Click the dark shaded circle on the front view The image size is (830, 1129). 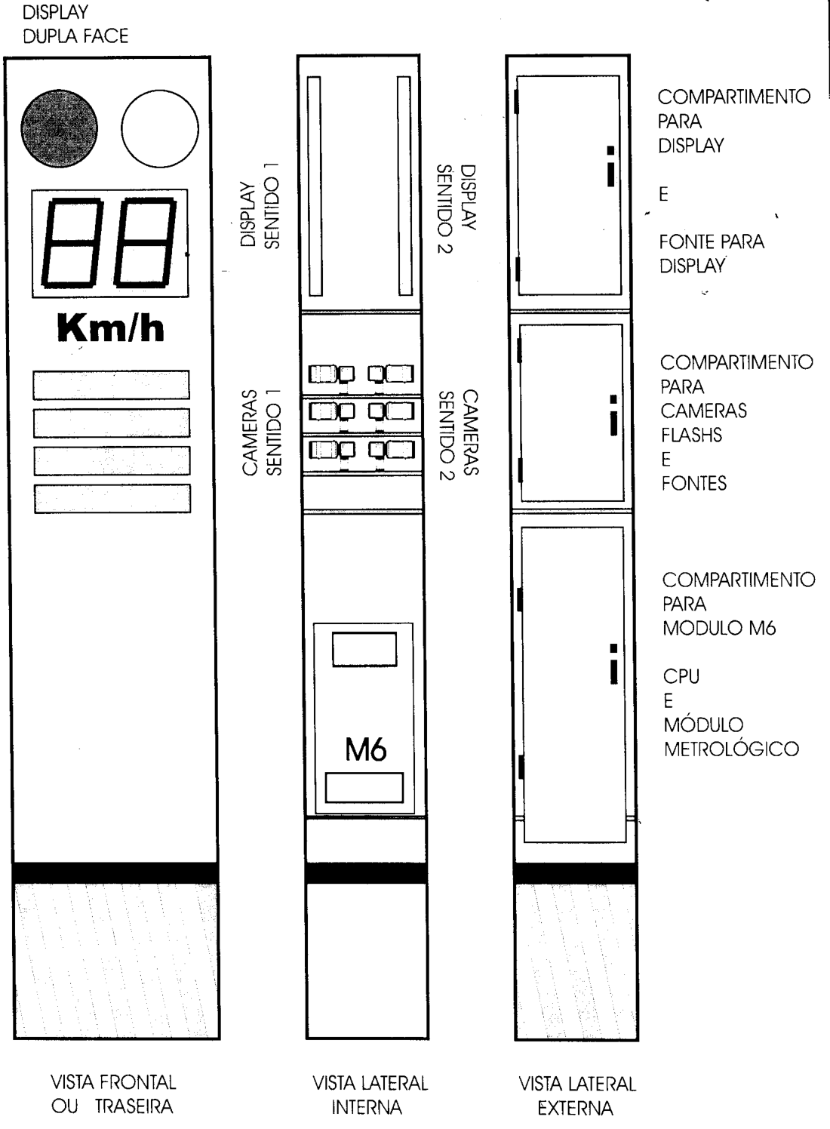coord(60,128)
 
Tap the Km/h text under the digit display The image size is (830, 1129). coord(111,328)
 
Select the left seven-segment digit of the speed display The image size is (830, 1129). coord(72,243)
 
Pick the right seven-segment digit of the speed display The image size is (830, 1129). coord(145,243)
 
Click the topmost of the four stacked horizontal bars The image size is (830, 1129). coord(112,385)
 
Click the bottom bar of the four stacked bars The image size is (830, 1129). coord(112,499)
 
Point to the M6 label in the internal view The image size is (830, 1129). coord(366,749)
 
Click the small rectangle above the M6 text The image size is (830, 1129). coord(364,650)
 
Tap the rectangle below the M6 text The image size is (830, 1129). coord(364,788)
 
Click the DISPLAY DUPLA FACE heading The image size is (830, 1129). coord(75,23)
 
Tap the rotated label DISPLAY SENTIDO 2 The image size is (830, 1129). coord(456,208)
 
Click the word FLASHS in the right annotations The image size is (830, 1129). coord(691,435)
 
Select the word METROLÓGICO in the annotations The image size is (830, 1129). coord(732,749)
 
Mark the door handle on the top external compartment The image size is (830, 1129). coord(610,166)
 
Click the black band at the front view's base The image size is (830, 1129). coord(115,872)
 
